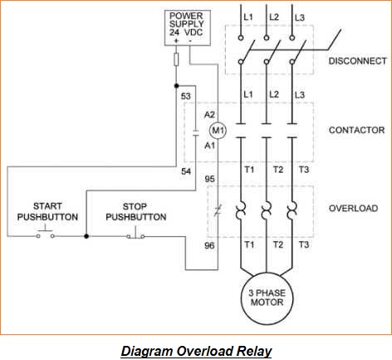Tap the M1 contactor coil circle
coord(218,130)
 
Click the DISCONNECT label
coord(357,62)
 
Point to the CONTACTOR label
coord(356,131)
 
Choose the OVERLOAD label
coord(353,209)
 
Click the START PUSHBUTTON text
coord(47,211)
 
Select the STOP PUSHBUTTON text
coord(135,211)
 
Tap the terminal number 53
coord(186,97)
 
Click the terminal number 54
coord(186,171)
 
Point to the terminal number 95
coord(209,179)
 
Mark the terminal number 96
coord(209,246)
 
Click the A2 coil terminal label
coord(210,114)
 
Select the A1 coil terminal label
coord(210,145)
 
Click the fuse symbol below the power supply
coord(176,60)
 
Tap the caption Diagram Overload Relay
coord(196,350)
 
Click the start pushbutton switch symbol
coord(47,234)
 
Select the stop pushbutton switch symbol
coord(136,234)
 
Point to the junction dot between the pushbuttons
coord(86,236)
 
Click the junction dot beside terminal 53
coord(176,85)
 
